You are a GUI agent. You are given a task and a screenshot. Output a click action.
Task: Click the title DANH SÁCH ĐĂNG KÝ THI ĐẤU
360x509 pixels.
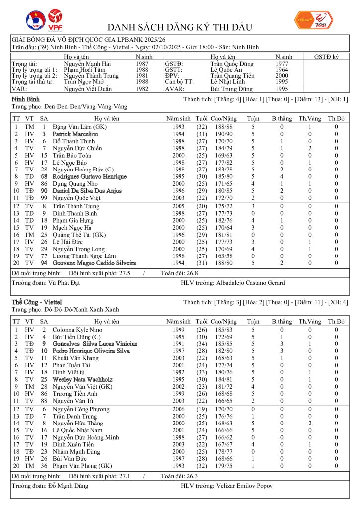[180, 27]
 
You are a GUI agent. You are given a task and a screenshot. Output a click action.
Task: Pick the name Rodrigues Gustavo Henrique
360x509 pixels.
[90, 177]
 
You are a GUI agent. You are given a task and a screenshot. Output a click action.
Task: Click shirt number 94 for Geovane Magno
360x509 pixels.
[44, 263]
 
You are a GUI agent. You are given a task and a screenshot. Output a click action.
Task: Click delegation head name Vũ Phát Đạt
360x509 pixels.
[62, 283]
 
